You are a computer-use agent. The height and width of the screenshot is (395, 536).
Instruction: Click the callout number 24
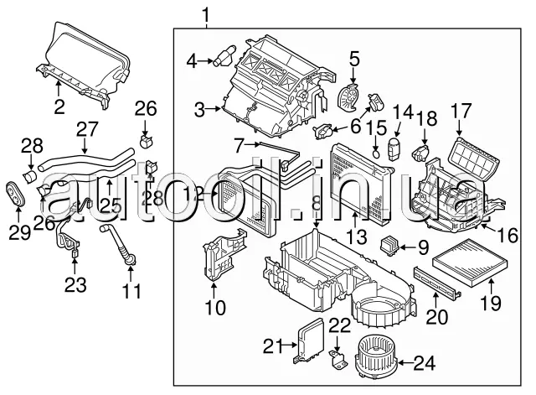coord(425,363)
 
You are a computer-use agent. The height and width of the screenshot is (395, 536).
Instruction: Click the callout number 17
coord(461,112)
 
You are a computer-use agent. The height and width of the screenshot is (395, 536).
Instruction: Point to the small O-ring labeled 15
coord(376,153)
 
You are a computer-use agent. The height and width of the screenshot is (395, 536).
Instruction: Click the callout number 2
coord(59,107)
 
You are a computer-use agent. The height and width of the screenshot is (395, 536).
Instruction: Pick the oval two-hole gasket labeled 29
coord(16,193)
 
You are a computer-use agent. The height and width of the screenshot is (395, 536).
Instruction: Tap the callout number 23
coord(75,285)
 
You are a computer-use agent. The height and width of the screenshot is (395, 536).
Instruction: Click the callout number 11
coord(131,291)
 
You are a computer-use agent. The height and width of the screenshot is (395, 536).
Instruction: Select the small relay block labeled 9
coord(390,244)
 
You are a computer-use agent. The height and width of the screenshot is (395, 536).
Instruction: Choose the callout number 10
coord(215,307)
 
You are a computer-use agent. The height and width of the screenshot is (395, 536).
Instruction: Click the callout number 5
coord(354,59)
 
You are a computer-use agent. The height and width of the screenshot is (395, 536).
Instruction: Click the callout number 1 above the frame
coord(205,14)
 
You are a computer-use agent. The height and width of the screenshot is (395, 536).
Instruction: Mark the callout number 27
coord(87,128)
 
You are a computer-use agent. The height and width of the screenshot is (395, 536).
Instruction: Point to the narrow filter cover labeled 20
coord(437,280)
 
